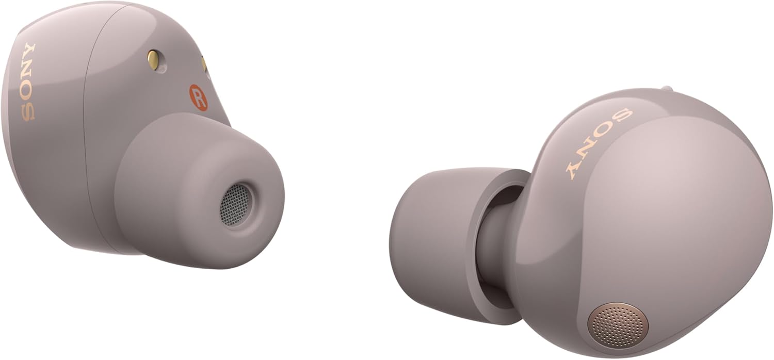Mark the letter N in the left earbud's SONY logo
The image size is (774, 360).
28,71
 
